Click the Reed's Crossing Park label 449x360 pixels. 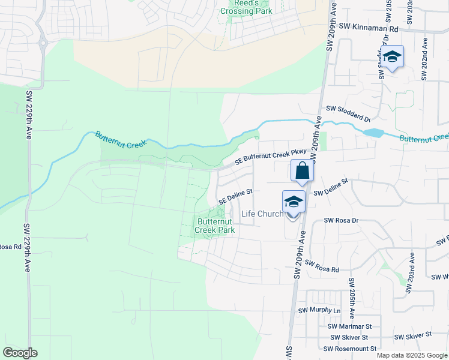pos(246,7)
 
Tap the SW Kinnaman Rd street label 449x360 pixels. pos(369,28)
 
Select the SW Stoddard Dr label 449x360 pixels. pos(348,110)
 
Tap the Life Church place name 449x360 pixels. pos(262,214)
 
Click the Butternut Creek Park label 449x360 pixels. pos(215,226)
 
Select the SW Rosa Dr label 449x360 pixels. pos(341,220)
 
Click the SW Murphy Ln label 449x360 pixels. pos(319,311)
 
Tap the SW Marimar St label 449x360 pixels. pos(350,326)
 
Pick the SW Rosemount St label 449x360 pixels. pos(349,349)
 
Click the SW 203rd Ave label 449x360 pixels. pos(411,273)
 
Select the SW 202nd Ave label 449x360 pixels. pos(424,59)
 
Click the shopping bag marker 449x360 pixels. pos(302,171)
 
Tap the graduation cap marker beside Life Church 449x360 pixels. pos(294,202)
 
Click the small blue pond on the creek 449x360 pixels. pos(373,133)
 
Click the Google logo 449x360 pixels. pos(20,353)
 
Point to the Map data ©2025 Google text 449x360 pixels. pos(412,355)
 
